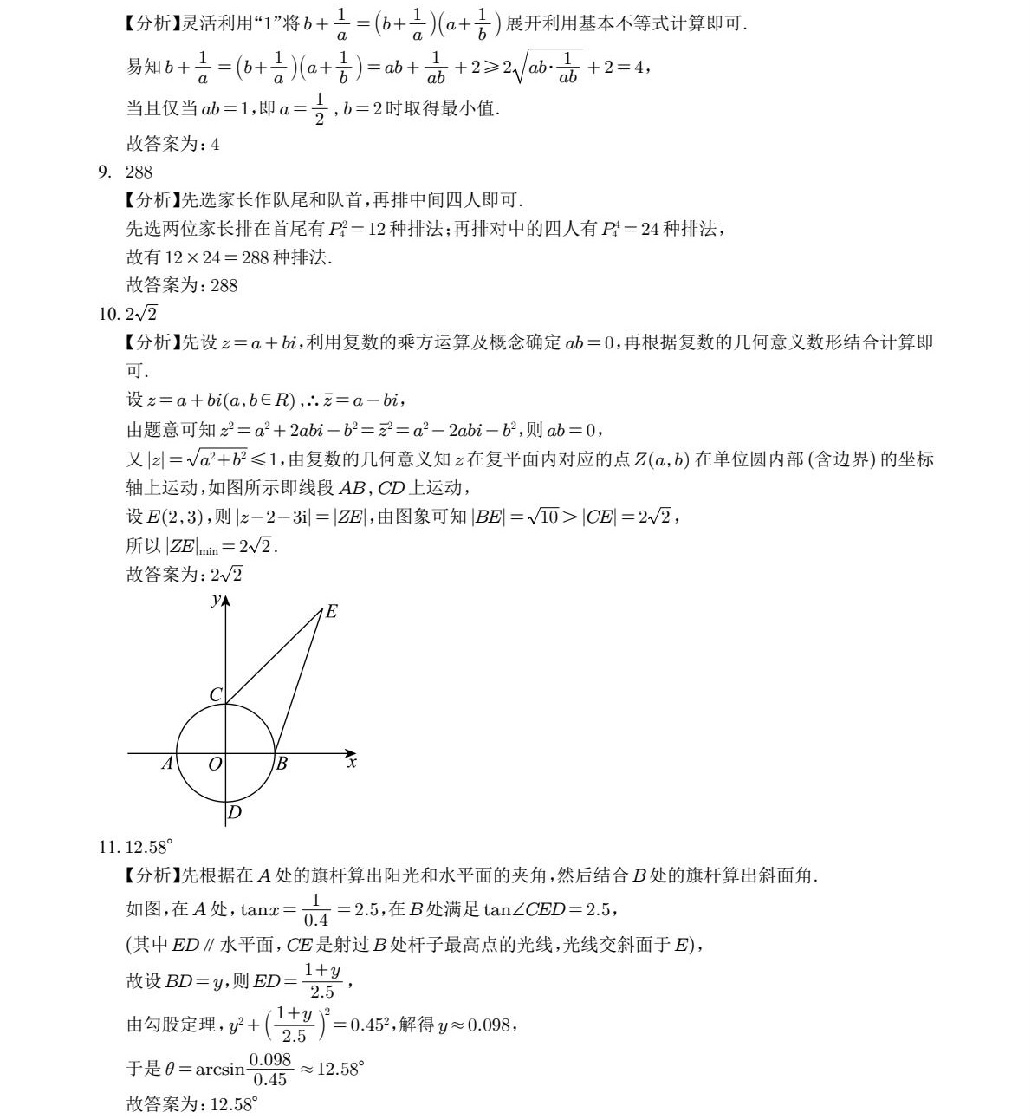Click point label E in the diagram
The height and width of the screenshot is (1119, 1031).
331,612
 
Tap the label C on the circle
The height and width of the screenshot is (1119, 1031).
216,694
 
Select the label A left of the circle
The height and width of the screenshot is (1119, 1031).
166,764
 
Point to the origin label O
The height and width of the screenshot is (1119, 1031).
215,764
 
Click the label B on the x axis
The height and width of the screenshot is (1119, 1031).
282,764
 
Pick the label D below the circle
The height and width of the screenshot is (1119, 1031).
234,812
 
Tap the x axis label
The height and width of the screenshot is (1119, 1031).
352,763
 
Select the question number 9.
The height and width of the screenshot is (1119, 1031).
105,172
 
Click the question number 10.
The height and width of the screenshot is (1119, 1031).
108,314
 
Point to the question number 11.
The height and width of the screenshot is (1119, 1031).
108,847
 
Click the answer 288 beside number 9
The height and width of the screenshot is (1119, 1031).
139,172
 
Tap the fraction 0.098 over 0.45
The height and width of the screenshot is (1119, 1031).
268,1069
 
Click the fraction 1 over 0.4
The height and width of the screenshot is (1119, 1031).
316,909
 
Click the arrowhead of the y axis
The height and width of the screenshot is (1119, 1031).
225,600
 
